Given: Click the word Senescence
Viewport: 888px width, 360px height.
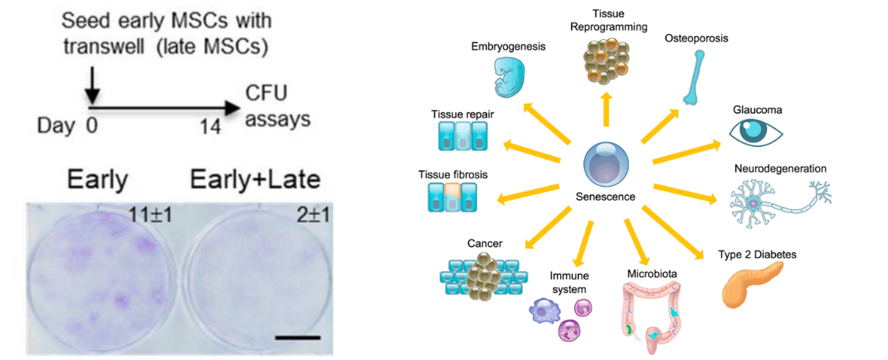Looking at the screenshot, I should coord(606,197).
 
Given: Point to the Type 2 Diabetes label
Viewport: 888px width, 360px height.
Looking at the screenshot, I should coord(758,254).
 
